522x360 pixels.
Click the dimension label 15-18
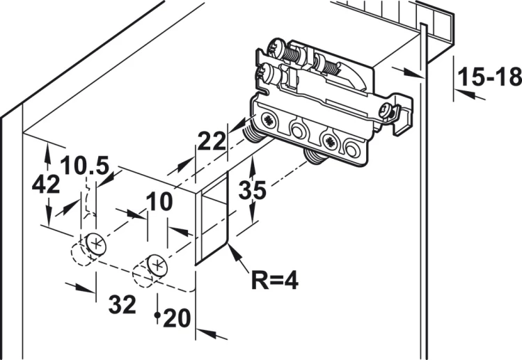click(x=489, y=77)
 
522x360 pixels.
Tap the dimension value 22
click(x=212, y=141)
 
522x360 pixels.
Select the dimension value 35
click(x=253, y=190)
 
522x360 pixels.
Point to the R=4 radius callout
click(x=275, y=280)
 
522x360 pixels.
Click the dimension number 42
click(x=46, y=184)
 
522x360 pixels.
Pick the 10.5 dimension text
click(x=84, y=165)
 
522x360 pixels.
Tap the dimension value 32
click(x=122, y=304)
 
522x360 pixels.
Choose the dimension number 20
click(x=177, y=318)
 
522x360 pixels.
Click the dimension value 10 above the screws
click(x=159, y=201)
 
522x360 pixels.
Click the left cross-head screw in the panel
click(x=96, y=244)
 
